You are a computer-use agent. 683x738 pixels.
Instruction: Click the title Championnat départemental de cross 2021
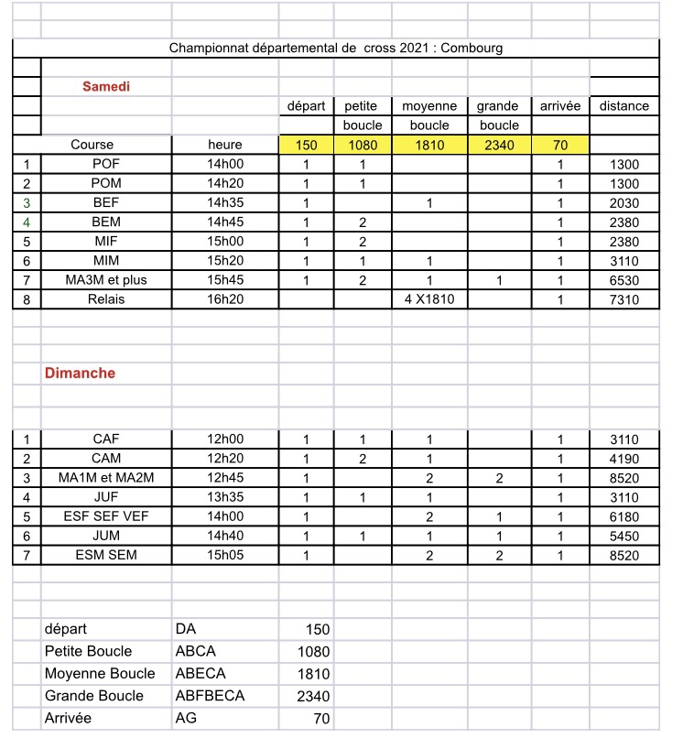(336, 48)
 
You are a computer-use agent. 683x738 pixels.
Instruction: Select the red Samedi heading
(106, 86)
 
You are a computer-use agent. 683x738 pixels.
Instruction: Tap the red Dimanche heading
(81, 374)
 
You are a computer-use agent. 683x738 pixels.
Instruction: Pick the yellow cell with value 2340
(498, 145)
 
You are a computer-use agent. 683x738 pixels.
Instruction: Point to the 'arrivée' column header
(560, 106)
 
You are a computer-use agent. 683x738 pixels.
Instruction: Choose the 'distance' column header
(624, 106)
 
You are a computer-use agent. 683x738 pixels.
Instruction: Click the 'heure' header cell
(225, 145)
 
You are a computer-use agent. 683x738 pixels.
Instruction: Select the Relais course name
(106, 299)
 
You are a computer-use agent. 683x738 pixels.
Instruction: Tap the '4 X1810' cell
(429, 299)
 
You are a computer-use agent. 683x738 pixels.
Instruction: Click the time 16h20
(225, 299)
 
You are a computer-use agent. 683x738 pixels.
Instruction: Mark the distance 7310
(624, 299)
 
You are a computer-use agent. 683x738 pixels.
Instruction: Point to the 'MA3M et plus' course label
(106, 280)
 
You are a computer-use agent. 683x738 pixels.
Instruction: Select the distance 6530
(624, 280)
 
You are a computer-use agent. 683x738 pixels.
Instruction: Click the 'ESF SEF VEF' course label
(106, 516)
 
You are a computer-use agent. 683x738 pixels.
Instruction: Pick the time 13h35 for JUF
(225, 497)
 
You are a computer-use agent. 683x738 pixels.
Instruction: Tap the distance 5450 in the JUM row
(624, 536)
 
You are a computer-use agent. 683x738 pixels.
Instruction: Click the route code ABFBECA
(210, 696)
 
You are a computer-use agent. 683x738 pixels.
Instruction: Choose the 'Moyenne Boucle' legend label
(93, 674)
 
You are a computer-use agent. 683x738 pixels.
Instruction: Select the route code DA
(186, 630)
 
